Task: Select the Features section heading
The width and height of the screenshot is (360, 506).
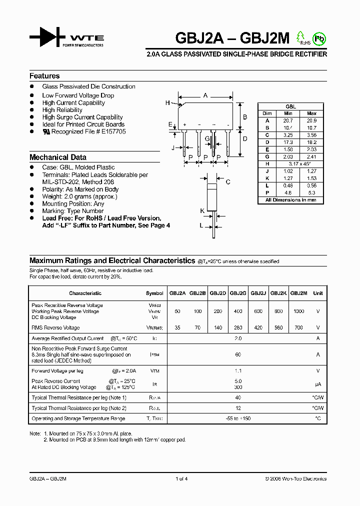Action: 44,76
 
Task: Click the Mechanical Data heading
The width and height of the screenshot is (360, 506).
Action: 58,157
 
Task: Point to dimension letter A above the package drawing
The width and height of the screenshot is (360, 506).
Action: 205,95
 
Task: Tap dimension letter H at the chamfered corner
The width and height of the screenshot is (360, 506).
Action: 167,103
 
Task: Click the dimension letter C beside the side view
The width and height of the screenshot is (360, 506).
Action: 227,182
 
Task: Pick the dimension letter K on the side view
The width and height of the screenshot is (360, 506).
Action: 202,211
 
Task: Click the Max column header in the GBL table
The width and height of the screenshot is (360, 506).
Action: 311,113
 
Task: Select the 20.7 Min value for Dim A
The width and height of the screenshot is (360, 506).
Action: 287,120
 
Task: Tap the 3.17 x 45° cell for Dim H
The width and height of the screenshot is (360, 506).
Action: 299,164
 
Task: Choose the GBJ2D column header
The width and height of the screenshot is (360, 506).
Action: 218,293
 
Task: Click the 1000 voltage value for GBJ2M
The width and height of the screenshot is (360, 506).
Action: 298,311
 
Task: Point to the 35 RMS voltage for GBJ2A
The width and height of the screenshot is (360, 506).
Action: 177,328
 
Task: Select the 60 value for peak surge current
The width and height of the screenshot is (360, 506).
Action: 238,354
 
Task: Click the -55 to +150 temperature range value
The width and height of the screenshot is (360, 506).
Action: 238,418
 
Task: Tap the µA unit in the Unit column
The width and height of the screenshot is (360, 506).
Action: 317,384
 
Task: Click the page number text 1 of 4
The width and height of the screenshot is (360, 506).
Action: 181,478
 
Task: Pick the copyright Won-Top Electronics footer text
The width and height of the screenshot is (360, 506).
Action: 295,478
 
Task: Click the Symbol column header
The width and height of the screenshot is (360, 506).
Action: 154,293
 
